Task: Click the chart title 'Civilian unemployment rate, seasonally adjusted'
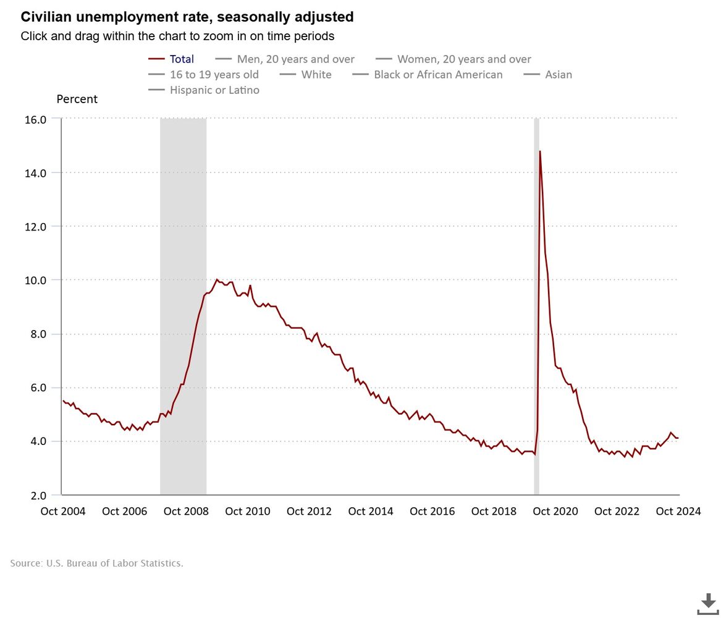(187, 16)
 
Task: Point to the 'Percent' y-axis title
(77, 99)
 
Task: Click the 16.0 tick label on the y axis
(35, 119)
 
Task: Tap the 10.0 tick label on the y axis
(35, 281)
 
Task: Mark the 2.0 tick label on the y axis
(35, 496)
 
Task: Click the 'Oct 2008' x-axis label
(186, 511)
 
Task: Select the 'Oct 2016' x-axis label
(432, 511)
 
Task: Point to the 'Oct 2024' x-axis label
(678, 511)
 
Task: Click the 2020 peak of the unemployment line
(540, 151)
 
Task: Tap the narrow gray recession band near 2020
(536, 309)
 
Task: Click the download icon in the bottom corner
(708, 604)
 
